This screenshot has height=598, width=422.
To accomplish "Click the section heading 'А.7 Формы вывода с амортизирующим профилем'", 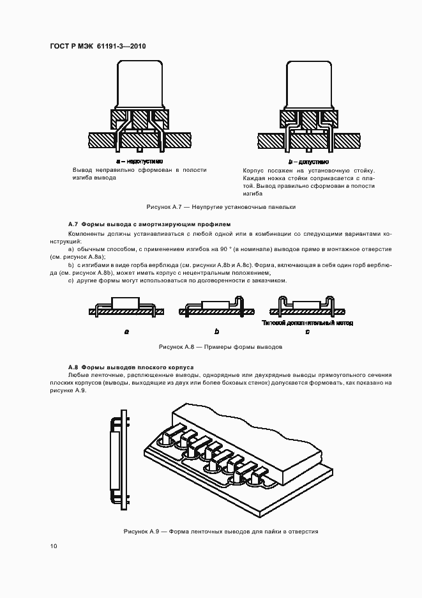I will coord(148,224).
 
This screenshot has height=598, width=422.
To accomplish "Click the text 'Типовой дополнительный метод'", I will coord(307,323).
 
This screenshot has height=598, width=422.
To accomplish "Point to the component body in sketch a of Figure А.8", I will coord(126,303).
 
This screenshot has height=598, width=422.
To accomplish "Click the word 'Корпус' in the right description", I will coord(253,171).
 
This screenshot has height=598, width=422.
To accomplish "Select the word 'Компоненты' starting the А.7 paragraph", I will coord(84,234).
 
